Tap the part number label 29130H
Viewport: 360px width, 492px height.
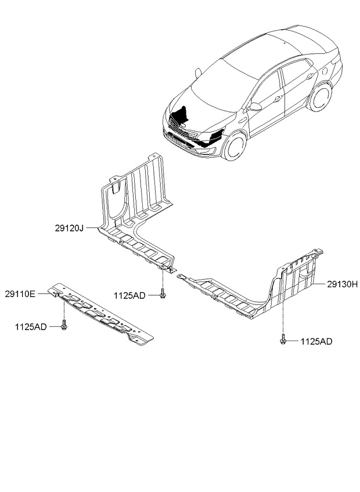coord(342,284)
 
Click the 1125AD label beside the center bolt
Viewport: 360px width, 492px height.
coord(129,295)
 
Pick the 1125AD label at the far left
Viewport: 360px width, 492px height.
coord(31,327)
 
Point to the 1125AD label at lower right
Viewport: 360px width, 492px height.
coord(316,342)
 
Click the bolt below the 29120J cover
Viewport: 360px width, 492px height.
coord(163,294)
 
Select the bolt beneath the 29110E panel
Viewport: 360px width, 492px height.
coord(64,326)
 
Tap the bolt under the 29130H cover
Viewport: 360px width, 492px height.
coord(283,340)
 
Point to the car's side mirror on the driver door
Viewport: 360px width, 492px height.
coord(255,107)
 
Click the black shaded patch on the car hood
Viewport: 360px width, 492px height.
coord(182,115)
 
